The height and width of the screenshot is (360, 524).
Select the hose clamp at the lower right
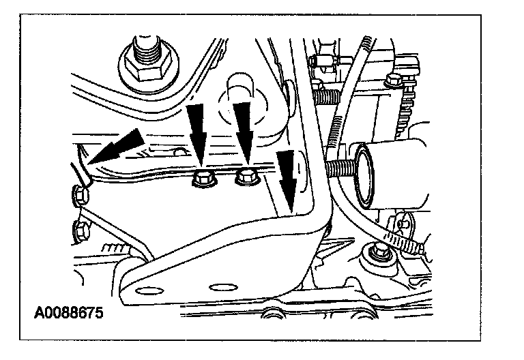tap(403, 239)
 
